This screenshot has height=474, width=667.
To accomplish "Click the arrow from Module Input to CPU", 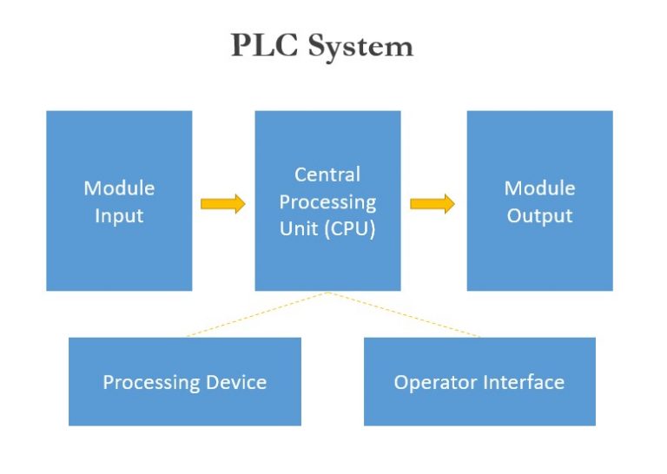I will (222, 204).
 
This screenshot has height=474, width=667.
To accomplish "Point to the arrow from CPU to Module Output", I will (432, 204).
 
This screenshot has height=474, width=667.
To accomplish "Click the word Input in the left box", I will (119, 216).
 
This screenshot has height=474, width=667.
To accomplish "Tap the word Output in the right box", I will (539, 216).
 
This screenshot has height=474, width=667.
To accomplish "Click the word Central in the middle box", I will (327, 174).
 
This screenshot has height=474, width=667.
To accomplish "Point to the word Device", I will (235, 382).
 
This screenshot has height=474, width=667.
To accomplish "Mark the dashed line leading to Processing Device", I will (256, 314).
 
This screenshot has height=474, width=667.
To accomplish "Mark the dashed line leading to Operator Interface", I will (404, 314).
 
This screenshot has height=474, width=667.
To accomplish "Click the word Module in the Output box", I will (539, 188).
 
